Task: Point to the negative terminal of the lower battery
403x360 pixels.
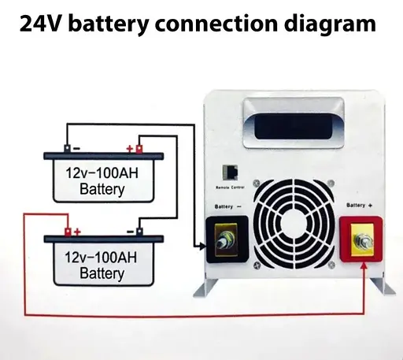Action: (139, 232)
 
